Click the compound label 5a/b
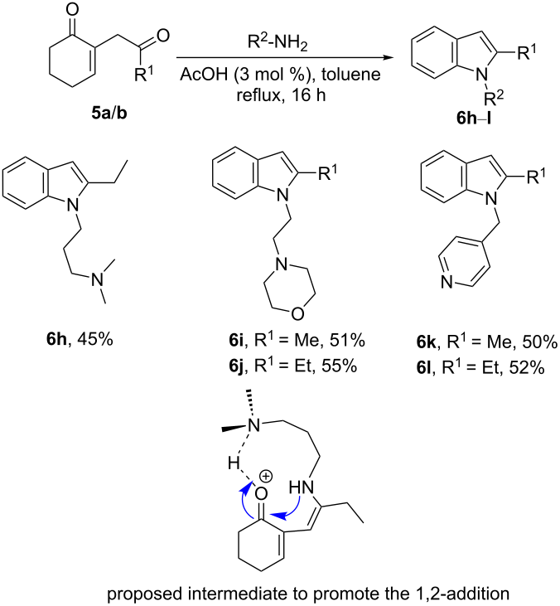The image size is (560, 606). (x=109, y=114)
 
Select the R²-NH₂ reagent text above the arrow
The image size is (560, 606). (x=278, y=43)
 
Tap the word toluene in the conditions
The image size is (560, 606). (x=351, y=74)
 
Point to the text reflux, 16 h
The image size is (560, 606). (x=281, y=95)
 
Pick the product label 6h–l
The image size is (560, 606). (x=474, y=118)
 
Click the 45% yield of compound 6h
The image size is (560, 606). (x=95, y=339)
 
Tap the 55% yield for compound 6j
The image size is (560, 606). (x=339, y=366)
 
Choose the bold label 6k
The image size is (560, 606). (x=426, y=342)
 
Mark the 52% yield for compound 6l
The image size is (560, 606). (x=527, y=368)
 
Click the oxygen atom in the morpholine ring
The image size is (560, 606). (x=297, y=314)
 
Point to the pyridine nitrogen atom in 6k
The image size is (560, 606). (x=447, y=282)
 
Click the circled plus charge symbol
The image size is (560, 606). (x=266, y=476)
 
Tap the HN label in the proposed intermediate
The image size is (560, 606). (x=302, y=487)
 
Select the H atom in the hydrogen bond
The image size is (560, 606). (x=234, y=463)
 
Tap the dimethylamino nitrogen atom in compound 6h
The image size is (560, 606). (x=99, y=279)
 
